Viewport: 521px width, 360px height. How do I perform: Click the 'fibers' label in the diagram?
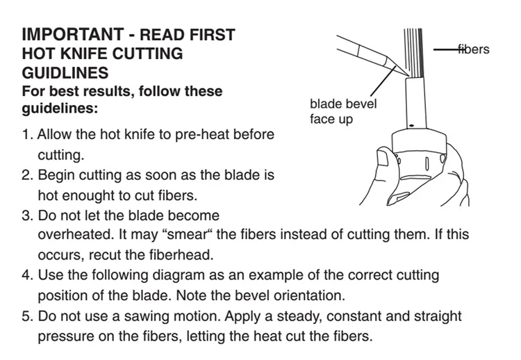click(473, 49)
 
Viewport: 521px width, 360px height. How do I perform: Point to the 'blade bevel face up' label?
click(343, 111)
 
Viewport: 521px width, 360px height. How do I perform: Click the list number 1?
click(27, 135)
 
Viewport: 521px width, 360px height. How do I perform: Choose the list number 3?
click(27, 215)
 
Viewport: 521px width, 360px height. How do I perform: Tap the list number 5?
click(27, 316)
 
